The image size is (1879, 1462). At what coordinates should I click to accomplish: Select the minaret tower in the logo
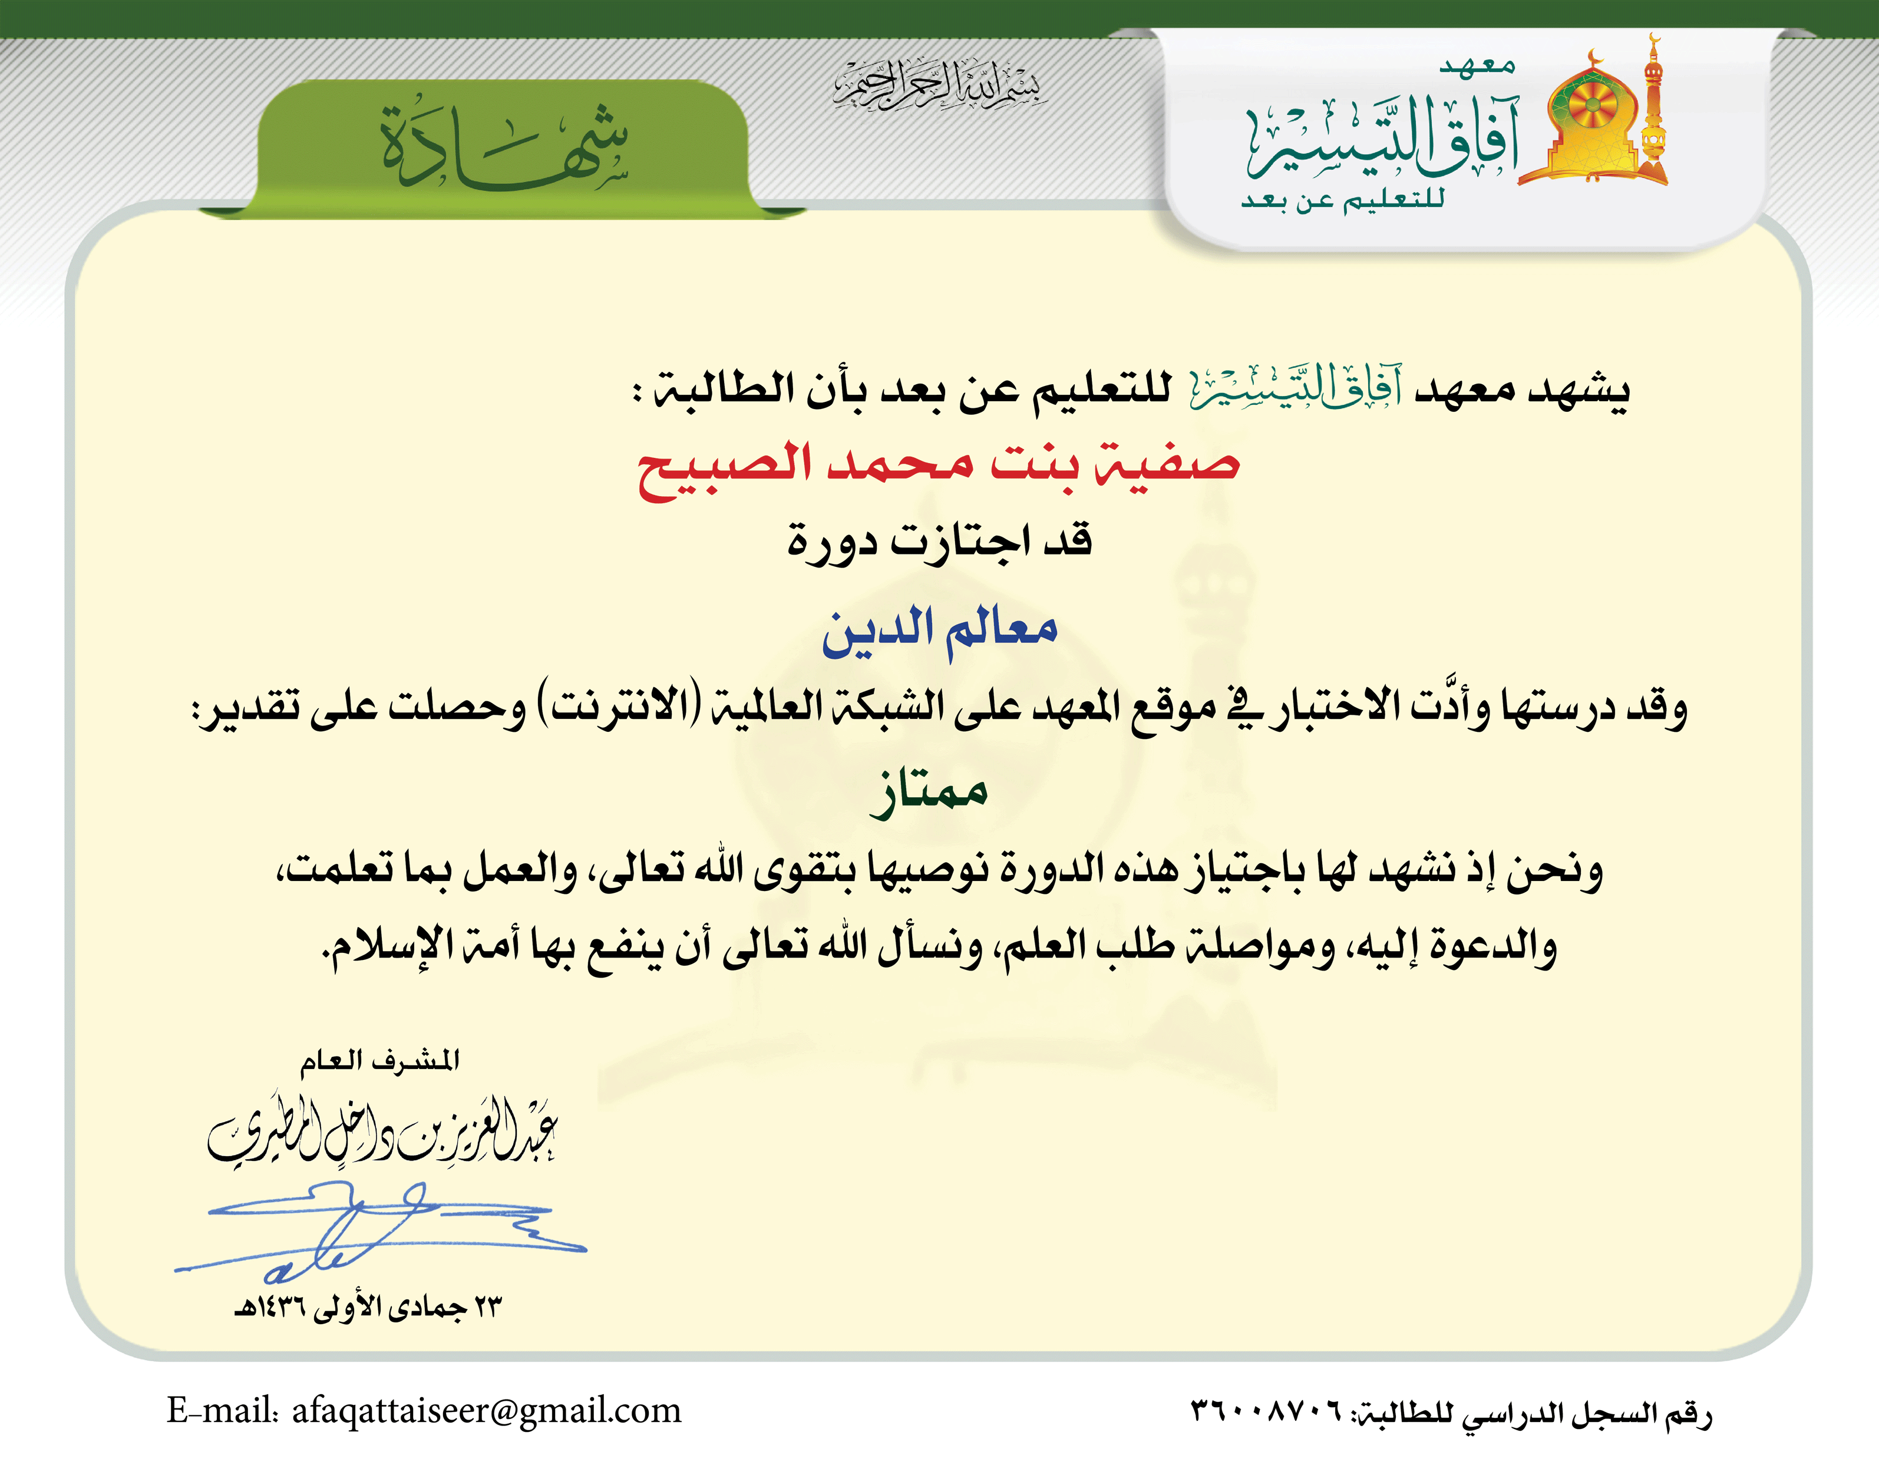pyautogui.click(x=1653, y=108)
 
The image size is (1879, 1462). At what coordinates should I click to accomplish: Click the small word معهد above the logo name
pyautogui.click(x=1477, y=65)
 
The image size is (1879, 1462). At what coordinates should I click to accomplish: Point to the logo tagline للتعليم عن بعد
pyautogui.click(x=1342, y=200)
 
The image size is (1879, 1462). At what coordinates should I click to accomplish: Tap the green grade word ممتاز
pyautogui.click(x=929, y=791)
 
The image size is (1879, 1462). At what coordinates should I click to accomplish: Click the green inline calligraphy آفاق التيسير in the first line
pyautogui.click(x=1296, y=389)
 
